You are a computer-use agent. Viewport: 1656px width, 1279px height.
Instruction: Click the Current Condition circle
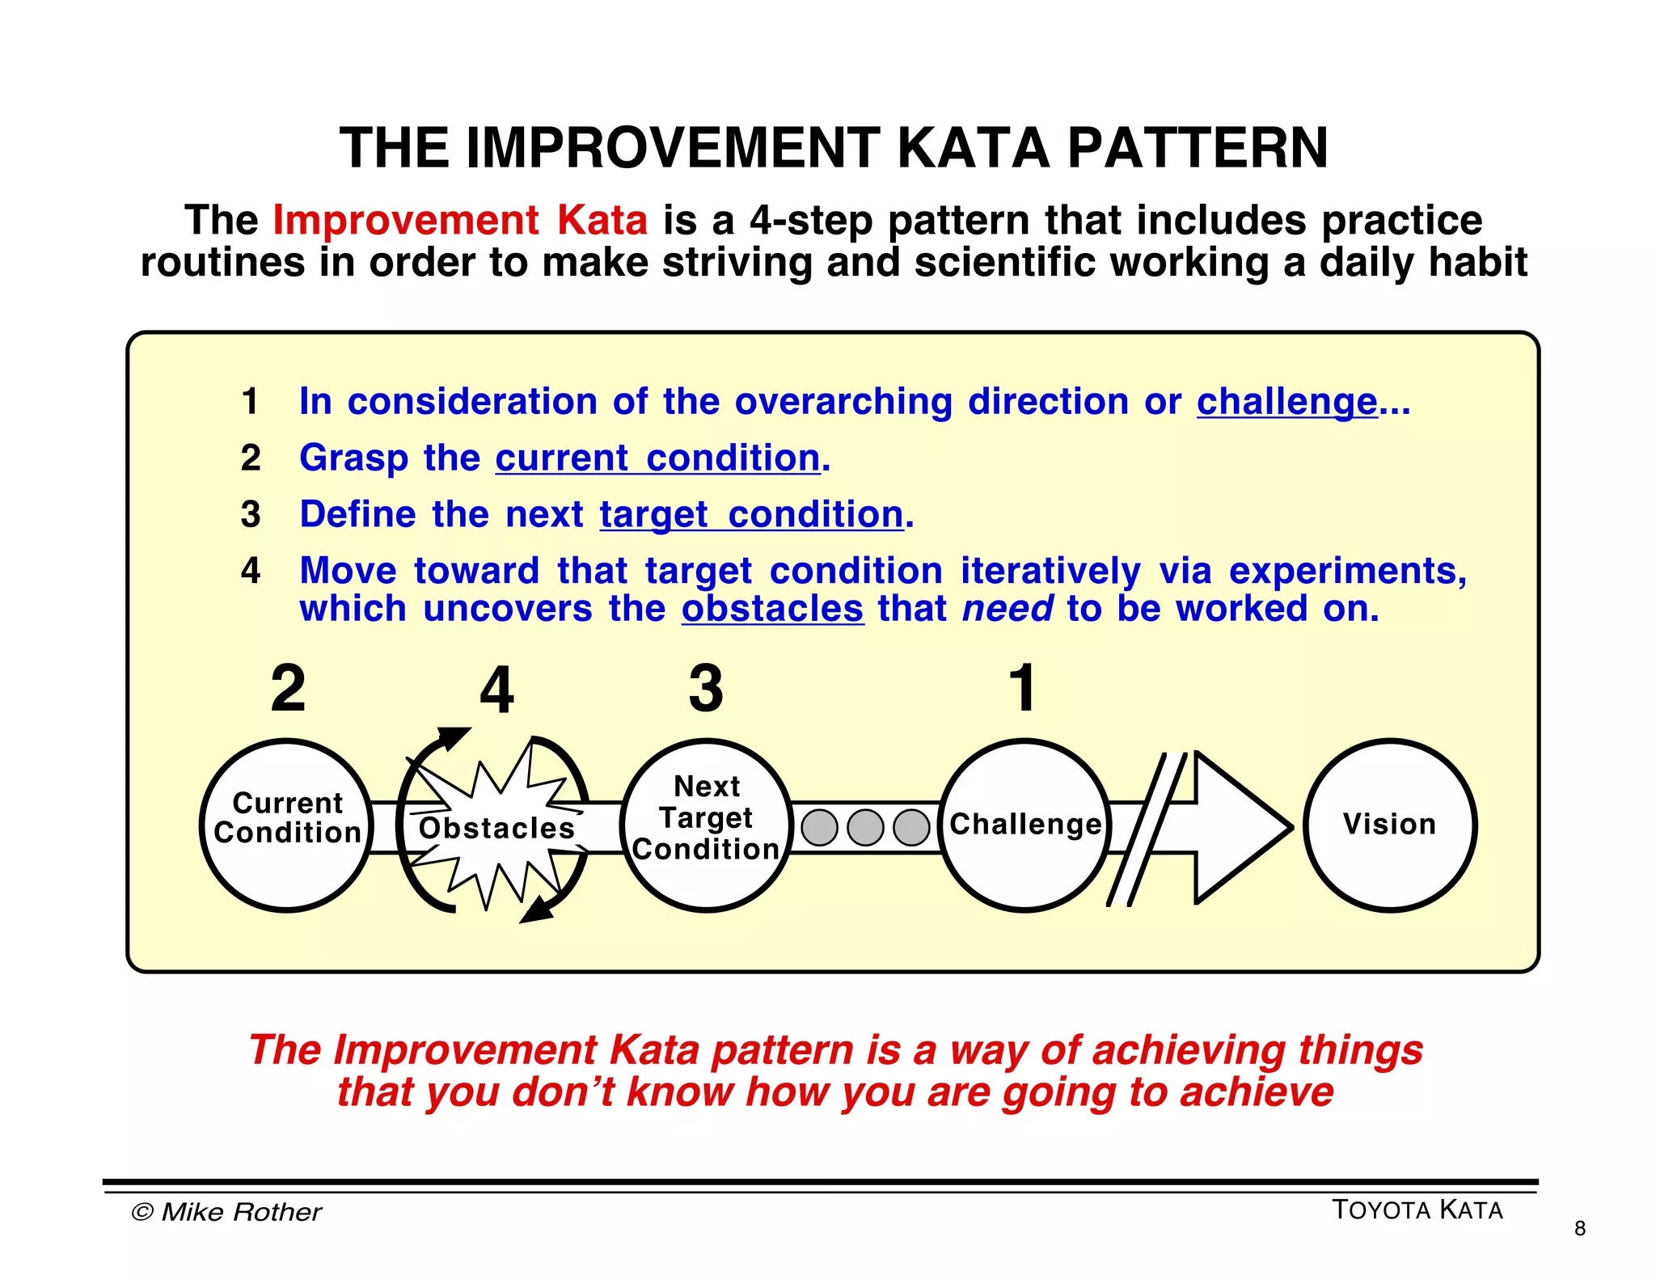click(286, 825)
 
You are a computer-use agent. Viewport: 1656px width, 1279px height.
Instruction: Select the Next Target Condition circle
click(706, 825)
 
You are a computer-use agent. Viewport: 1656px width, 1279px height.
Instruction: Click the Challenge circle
click(1024, 825)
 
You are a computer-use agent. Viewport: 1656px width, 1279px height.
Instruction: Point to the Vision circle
click(1389, 825)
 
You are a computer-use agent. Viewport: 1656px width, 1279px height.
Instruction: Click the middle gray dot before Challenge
click(865, 828)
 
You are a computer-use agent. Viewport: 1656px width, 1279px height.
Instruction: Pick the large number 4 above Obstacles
click(496, 690)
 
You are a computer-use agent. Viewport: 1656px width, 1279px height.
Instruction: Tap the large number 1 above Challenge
click(1023, 688)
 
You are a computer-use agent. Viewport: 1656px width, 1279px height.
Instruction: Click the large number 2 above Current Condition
click(288, 688)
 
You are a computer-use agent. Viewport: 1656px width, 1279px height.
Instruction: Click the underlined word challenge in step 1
click(1286, 402)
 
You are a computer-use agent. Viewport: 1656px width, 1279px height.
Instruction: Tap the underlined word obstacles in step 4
click(772, 609)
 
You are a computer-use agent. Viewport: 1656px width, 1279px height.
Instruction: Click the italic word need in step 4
click(1008, 609)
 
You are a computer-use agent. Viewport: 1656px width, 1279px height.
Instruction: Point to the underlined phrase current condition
click(657, 458)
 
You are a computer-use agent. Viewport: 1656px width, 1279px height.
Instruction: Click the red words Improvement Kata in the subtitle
click(460, 220)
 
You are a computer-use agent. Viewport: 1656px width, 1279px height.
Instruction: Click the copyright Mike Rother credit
click(226, 1212)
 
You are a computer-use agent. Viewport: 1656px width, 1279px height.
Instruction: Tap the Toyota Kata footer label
click(1417, 1210)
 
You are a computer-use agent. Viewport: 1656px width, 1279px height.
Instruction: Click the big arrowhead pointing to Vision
click(1237, 827)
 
